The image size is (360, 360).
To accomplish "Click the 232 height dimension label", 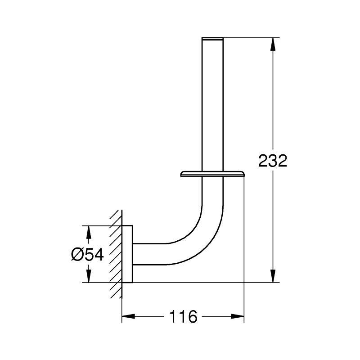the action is [273, 161].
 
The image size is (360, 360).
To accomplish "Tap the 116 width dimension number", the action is [183, 317].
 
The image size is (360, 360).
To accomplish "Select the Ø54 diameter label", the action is [87, 255].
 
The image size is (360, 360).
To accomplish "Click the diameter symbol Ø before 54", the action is [77, 255].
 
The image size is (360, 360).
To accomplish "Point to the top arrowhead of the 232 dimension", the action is [273, 44].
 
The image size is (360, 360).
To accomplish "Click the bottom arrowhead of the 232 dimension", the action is [273, 276].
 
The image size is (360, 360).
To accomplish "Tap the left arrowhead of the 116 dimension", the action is [128, 316].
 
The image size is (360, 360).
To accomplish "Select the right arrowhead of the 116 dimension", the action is [238, 316].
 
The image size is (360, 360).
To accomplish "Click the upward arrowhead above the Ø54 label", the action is [89, 232].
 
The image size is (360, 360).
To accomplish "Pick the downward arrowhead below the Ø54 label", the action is [89, 276].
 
